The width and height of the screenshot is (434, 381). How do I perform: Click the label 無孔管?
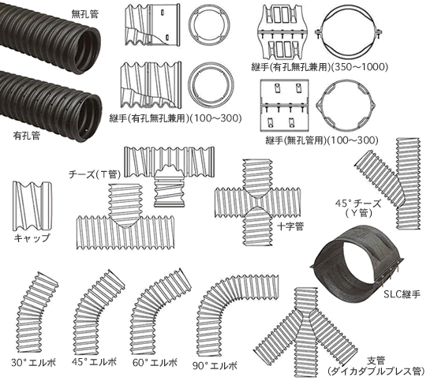tap(84, 14)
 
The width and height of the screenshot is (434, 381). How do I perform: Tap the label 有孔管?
tap(27, 136)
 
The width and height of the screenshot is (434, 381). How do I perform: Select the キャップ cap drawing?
tap(32, 206)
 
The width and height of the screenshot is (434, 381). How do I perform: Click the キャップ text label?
tap(32, 238)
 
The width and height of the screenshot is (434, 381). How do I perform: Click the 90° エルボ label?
tap(215, 366)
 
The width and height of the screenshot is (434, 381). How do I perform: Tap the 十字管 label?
tap(290, 226)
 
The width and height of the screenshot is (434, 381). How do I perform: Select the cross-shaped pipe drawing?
tap(257, 202)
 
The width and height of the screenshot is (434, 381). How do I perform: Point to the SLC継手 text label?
tap(402, 294)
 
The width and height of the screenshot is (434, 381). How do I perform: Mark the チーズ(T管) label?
tap(95, 174)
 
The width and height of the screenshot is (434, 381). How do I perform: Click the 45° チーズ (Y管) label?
tap(358, 207)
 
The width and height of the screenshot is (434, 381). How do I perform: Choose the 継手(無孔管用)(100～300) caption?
tap(322, 140)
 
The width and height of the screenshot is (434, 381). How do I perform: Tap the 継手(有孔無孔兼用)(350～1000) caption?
tap(320, 67)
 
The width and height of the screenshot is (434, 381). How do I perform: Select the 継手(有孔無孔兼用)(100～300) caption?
tap(175, 118)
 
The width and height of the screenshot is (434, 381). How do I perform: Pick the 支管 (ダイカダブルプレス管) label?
tap(376, 366)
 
